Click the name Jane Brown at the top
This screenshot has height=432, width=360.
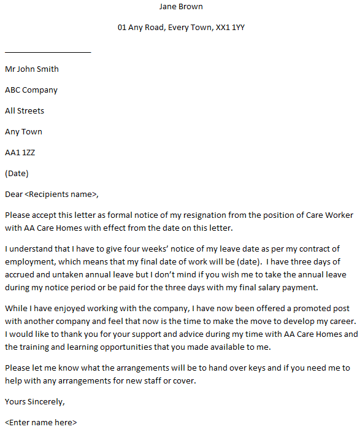tap(180, 7)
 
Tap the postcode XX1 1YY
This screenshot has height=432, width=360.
tap(230, 28)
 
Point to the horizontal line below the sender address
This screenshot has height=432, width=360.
tap(48, 52)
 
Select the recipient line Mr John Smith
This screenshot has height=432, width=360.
tap(32, 69)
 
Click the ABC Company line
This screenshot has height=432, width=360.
tap(31, 90)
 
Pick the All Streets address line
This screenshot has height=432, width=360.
tap(25, 111)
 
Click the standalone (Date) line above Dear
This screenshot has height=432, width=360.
tap(17, 174)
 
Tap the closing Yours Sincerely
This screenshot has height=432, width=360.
tap(34, 402)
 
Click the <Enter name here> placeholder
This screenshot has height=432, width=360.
tap(41, 423)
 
